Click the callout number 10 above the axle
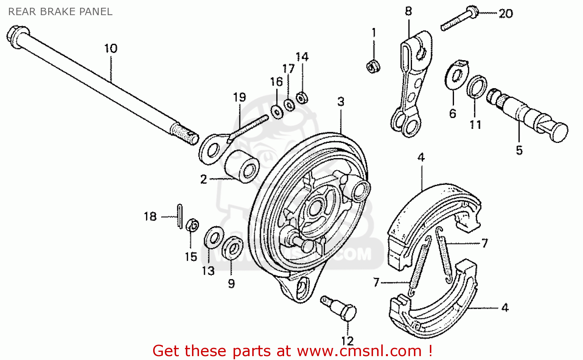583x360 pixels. [x=110, y=49]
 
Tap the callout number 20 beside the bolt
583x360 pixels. [x=506, y=14]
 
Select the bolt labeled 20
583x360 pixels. [x=459, y=19]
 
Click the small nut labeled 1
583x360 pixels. [x=373, y=66]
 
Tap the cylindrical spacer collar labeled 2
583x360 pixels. [x=242, y=166]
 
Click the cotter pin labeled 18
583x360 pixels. [x=180, y=216]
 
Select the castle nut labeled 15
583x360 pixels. [x=192, y=225]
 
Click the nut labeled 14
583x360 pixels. [x=301, y=97]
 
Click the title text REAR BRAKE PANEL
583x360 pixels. [x=60, y=12]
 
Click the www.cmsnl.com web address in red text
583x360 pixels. [x=359, y=351]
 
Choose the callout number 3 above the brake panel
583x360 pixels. [x=341, y=102]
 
